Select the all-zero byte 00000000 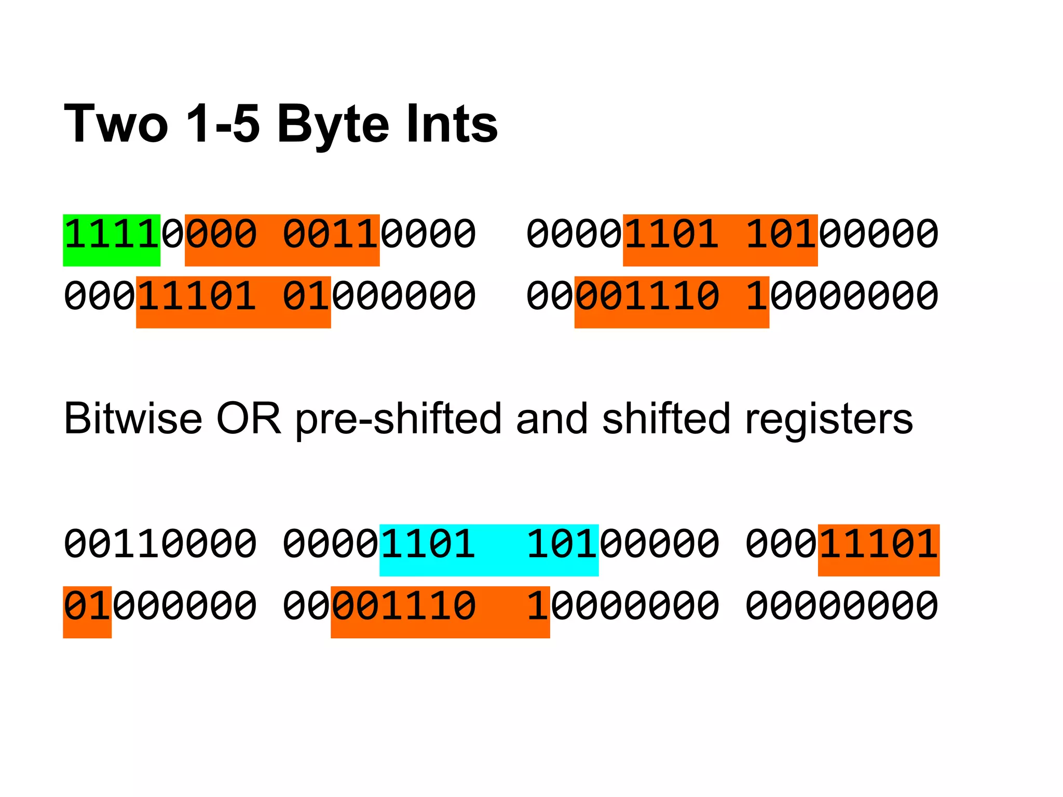tap(842, 606)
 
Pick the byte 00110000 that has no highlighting tap(160, 545)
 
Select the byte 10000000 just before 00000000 tap(623, 606)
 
